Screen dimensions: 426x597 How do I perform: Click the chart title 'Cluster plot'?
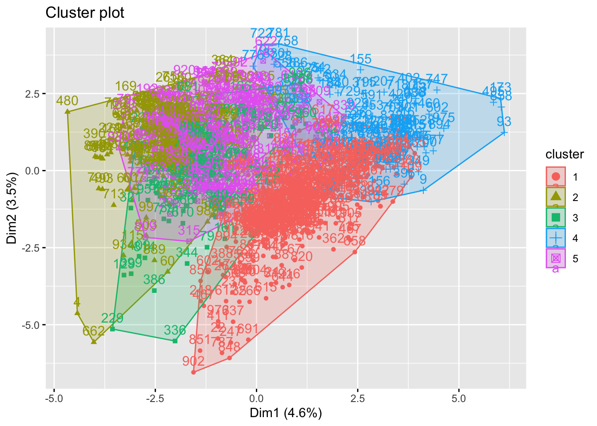pos(85,13)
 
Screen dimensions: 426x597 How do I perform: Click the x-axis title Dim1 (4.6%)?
pos(286,413)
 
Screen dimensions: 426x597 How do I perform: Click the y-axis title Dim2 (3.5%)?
pos(12,209)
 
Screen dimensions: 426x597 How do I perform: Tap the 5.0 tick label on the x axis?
pos(458,398)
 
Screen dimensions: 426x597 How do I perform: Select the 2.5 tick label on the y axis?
pos(33,94)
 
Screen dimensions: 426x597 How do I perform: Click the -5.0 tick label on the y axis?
pos(31,325)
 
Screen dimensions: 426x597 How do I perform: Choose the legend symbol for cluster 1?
pos(556,177)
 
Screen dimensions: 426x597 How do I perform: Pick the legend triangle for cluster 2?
pos(556,197)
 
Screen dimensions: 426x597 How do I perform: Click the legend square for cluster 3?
pos(556,217)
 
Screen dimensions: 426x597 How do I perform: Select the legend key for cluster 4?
pos(556,238)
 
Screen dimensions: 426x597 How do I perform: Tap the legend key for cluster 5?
pos(556,258)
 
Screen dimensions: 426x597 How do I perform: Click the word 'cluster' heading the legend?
pos(564,154)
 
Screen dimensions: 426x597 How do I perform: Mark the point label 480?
pos(67,101)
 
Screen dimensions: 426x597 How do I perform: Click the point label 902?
pos(193,361)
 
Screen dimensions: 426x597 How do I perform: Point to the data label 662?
pos(93,331)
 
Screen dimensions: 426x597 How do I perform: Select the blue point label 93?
pos(504,122)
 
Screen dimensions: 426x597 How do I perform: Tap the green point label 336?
pos(175,330)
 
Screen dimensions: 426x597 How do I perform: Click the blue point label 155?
pos(360,59)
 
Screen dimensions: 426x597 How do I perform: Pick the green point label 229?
pos(112,318)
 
